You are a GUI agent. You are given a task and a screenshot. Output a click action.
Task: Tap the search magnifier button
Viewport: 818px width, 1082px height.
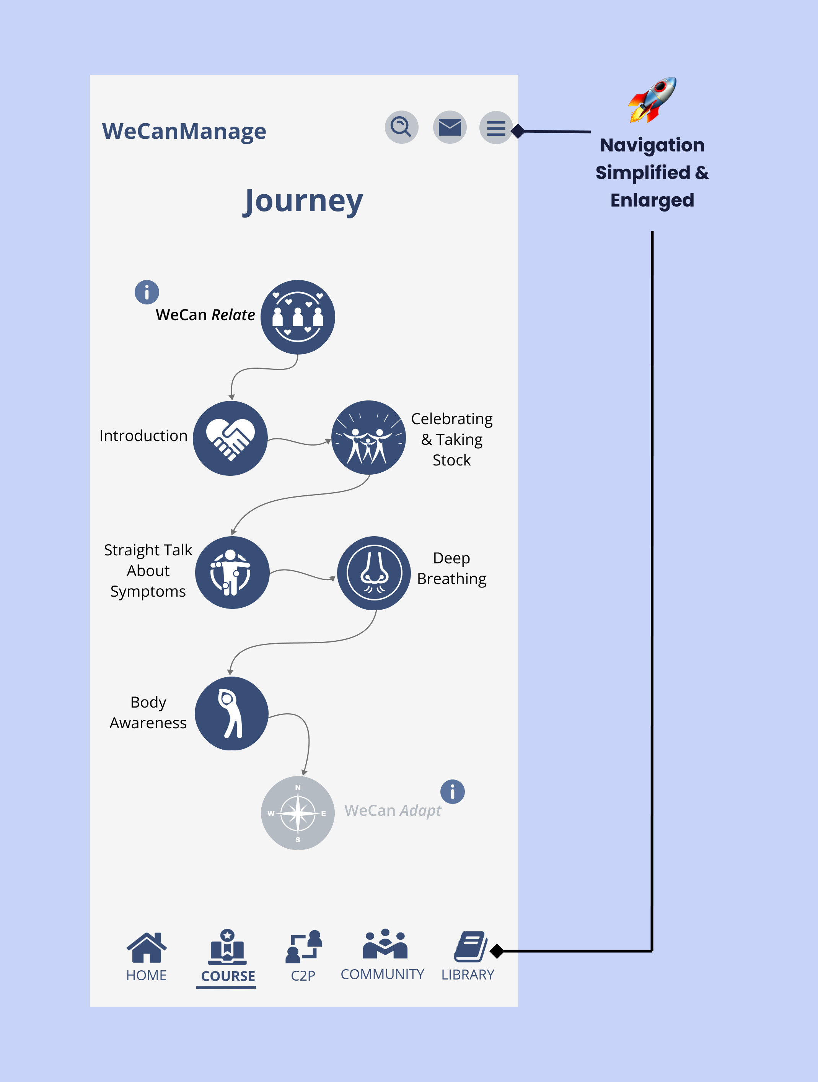pos(401,127)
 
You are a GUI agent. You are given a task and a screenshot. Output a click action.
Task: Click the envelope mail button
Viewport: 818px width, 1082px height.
pos(450,127)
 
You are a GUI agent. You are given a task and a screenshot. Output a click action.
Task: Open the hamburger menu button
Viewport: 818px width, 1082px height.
pos(495,128)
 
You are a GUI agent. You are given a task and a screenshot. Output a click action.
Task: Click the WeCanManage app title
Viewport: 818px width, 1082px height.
pos(184,131)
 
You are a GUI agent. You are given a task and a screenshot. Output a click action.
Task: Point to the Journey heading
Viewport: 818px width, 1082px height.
pos(303,201)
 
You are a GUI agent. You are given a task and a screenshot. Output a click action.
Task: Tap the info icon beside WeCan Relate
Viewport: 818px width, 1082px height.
pos(147,292)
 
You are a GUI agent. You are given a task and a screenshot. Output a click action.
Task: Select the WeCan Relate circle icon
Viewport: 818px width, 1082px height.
pos(297,317)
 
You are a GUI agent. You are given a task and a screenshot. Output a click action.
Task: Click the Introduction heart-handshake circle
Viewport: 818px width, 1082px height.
pos(230,438)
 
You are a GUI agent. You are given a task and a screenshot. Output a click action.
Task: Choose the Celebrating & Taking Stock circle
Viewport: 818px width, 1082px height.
pos(368,437)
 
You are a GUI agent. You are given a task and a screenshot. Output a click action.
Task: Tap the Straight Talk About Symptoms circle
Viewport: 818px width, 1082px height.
pos(232,572)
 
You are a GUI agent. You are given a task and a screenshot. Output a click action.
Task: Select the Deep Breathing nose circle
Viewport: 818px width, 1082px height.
pos(374,573)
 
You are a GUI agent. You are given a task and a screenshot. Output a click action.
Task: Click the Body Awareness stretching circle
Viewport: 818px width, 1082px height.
pos(231,713)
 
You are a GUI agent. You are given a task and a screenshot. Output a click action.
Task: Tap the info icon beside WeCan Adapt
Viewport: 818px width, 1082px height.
pos(453,791)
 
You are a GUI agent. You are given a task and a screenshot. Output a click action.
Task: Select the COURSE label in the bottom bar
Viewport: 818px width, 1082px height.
pos(228,976)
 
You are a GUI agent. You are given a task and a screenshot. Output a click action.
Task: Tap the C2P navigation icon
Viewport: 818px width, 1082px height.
pos(304,947)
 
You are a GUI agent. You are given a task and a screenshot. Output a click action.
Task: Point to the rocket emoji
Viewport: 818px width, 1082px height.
pos(653,100)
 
